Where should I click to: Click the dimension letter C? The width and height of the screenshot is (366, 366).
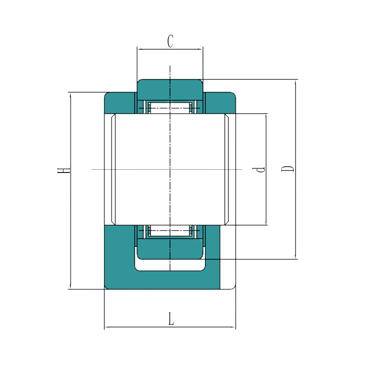171,41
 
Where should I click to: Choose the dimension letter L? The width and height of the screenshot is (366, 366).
172,319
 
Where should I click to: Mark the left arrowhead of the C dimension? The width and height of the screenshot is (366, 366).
139,50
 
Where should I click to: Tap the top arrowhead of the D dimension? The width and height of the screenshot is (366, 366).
296,81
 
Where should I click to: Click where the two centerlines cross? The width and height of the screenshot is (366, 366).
170,169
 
